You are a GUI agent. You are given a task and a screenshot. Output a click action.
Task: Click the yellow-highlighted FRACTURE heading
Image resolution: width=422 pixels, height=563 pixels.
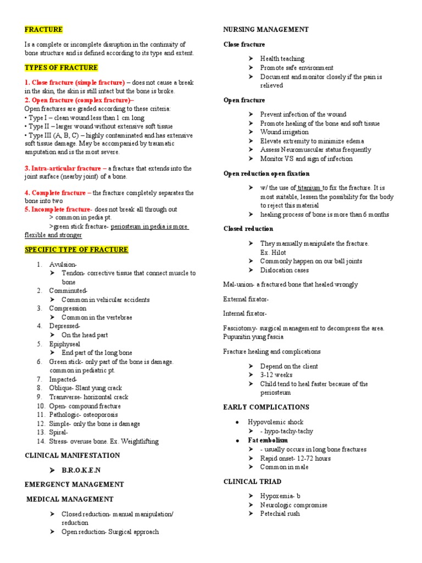(44, 30)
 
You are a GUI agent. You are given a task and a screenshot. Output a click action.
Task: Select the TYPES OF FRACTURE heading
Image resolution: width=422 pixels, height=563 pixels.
(62, 68)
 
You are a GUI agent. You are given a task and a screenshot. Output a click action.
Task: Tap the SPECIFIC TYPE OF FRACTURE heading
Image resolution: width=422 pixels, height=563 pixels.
(76, 250)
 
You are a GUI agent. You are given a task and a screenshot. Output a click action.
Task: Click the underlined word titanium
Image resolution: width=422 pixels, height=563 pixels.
(309, 187)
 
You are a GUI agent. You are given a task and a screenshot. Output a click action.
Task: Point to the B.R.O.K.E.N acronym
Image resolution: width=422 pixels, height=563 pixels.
(81, 470)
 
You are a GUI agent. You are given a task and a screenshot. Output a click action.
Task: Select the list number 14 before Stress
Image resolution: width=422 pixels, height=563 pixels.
(41, 441)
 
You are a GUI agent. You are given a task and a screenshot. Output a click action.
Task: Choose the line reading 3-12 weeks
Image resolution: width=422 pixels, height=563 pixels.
(276, 375)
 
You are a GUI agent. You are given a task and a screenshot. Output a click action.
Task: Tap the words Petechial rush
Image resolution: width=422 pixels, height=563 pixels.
(280, 514)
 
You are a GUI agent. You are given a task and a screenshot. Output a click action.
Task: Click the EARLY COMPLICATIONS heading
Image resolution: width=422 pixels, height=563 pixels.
(266, 407)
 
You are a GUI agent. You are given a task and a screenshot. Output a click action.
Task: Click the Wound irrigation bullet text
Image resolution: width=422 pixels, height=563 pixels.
(284, 132)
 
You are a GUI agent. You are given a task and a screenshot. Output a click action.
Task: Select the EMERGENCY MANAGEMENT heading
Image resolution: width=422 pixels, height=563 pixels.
(74, 484)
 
